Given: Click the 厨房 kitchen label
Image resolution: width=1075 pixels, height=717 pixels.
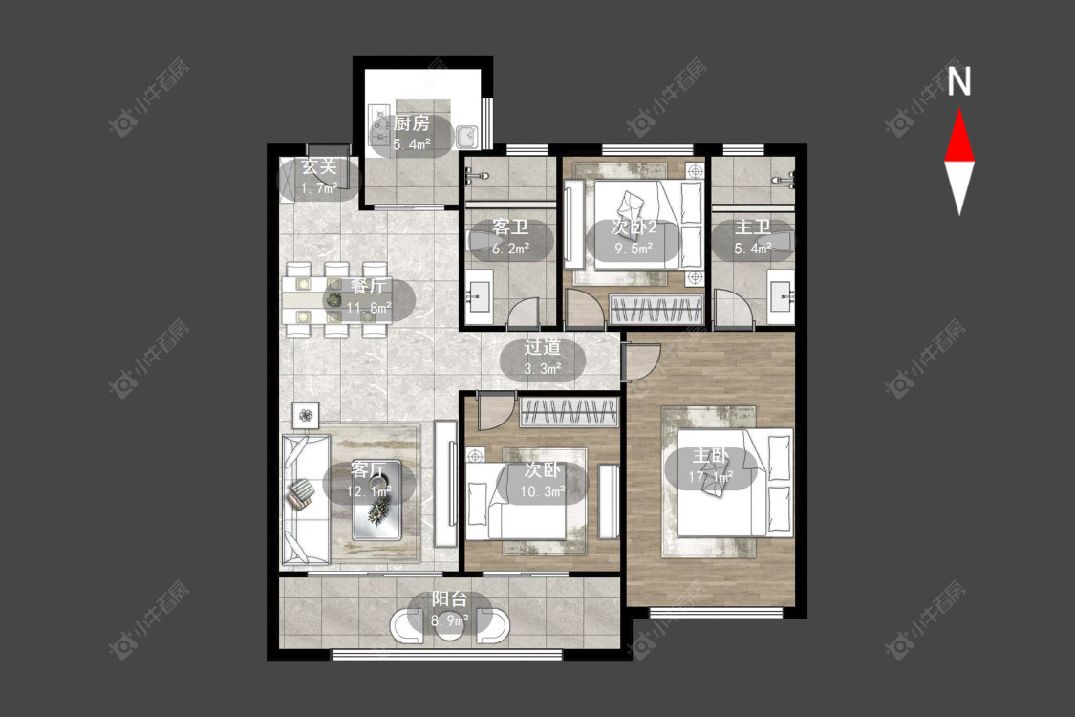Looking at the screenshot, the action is [411, 123].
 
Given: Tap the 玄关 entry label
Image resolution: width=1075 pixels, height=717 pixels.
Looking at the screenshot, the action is [319, 166].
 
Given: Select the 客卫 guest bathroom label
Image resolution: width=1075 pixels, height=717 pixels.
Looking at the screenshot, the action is [511, 228].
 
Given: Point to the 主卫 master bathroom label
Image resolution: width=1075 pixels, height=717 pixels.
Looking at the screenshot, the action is [752, 228].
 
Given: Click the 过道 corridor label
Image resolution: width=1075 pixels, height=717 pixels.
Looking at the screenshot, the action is [543, 347].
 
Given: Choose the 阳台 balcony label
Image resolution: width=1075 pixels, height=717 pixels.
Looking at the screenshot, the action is [450, 599].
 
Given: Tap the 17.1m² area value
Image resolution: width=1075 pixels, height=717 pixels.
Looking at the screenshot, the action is [711, 476].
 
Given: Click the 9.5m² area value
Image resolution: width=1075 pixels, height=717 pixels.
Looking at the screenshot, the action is [634, 249].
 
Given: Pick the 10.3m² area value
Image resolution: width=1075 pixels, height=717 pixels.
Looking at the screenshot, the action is [543, 491].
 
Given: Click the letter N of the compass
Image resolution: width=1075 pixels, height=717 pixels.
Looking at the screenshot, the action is [959, 81].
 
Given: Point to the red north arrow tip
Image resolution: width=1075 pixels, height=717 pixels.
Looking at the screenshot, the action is [959, 109].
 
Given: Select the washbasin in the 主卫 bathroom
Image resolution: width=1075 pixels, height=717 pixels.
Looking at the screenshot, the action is [782, 296].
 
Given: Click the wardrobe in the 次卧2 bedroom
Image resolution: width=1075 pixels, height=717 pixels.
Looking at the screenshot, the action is [656, 309].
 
